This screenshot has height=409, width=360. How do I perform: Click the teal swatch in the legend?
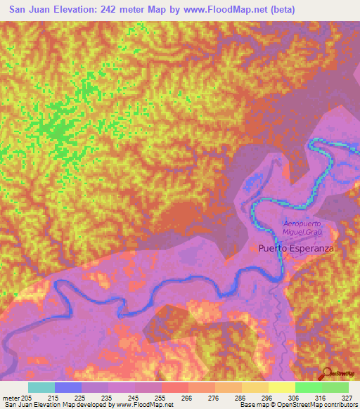click(41, 387)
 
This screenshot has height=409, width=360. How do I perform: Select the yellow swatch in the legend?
click(281, 387)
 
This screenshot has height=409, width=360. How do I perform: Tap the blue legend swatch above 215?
click(68, 387)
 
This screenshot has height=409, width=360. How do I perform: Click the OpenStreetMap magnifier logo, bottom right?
click(327, 372)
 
